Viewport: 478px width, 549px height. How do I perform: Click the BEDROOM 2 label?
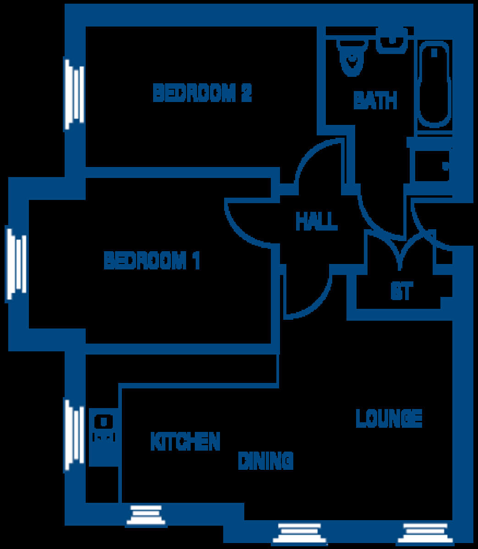202,93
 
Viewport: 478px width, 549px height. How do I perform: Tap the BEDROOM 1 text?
152,261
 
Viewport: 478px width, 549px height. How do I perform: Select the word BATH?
375,101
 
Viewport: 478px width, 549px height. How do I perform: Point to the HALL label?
316,221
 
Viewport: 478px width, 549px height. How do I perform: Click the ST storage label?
401,291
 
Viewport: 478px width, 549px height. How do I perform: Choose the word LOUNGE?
389,418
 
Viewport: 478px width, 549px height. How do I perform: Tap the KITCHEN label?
186,441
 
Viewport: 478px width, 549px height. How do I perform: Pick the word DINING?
265,460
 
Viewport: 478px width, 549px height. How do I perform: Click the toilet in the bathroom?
352,57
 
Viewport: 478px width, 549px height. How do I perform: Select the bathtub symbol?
434,85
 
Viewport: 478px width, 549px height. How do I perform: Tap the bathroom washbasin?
392,41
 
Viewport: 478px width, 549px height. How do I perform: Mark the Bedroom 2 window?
73,94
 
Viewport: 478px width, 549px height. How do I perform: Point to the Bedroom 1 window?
16,264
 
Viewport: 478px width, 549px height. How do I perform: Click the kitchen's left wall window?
73,435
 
